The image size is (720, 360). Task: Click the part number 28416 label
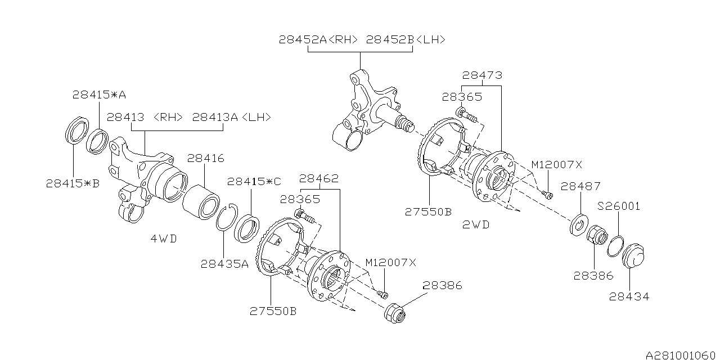click(205, 160)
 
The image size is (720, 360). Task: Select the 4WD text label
click(164, 238)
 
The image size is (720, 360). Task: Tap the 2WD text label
click(476, 224)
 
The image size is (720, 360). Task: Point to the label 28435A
click(224, 264)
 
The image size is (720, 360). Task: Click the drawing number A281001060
click(681, 354)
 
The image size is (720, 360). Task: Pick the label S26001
click(619, 206)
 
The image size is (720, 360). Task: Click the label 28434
click(629, 296)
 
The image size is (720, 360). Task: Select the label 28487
click(580, 186)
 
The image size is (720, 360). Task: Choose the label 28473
click(482, 75)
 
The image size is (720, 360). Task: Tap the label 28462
click(318, 179)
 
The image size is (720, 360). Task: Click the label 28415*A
click(99, 94)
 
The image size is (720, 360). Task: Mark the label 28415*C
click(253, 181)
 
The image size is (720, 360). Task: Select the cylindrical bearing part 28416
click(202, 200)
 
